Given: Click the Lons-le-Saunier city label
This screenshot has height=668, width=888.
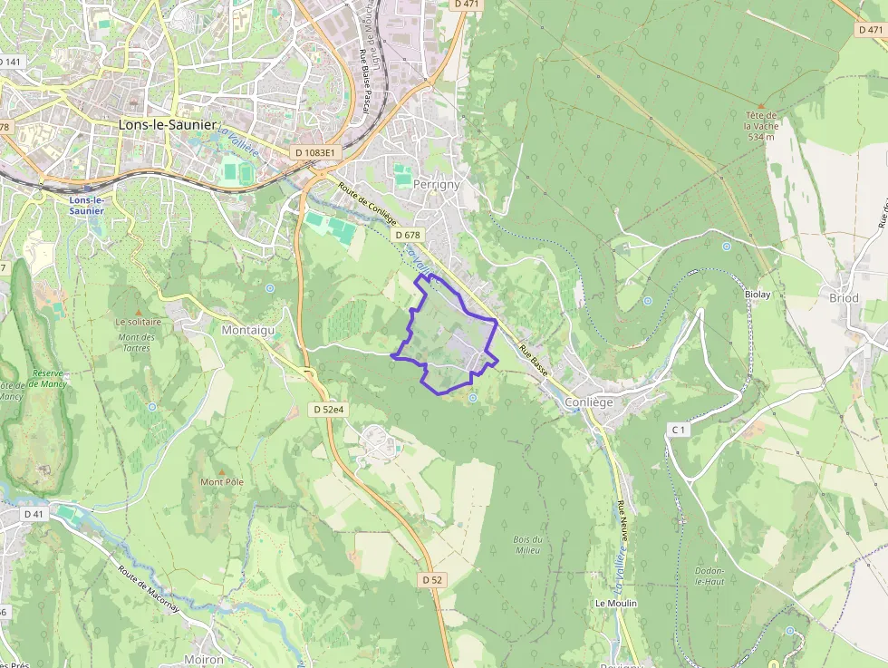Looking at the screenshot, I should point(169,125).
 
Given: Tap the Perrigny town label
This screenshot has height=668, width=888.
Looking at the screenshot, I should point(436,184).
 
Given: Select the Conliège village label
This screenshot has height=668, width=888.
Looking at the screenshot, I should point(589,402).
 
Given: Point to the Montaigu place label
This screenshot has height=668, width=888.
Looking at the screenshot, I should point(247,331).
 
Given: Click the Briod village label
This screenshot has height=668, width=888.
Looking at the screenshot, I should point(844,297).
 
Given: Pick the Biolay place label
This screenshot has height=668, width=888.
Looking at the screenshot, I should point(758,295).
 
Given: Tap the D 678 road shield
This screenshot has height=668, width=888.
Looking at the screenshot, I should point(408,235).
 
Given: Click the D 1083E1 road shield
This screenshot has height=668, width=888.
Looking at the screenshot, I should point(314,153).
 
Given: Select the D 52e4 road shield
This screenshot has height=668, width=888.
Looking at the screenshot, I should point(328,410).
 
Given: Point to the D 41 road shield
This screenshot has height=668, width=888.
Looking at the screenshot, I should point(34,514).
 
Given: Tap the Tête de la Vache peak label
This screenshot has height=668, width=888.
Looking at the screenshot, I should point(760,126).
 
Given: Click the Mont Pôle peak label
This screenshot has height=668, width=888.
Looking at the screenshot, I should point(222,481).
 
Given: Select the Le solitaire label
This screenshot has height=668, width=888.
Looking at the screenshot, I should point(138,321).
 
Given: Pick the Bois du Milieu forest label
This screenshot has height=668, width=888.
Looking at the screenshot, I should point(526,545).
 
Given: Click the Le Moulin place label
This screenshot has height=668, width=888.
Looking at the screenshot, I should point(616,603).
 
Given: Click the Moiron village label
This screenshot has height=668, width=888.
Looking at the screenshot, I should point(203,660).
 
